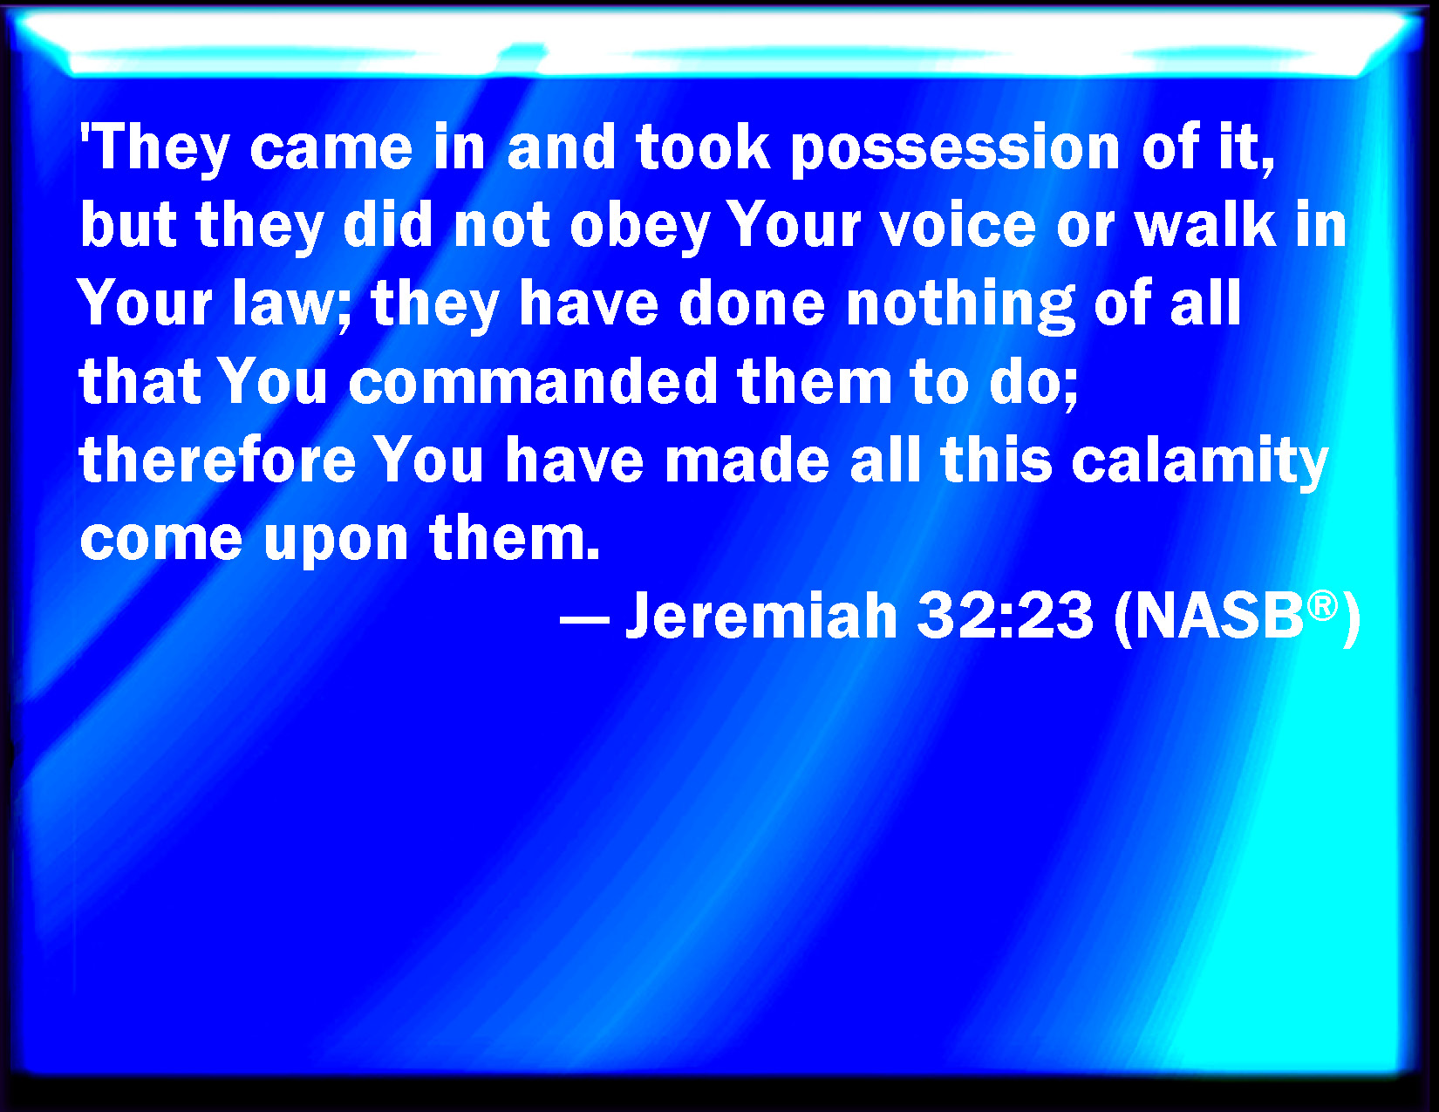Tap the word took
point(703,147)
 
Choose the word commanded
point(533,380)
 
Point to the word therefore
point(218,458)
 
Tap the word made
point(747,458)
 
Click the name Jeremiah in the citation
point(761,616)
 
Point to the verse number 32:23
point(1006,616)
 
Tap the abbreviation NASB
point(1219,616)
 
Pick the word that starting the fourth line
point(140,380)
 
